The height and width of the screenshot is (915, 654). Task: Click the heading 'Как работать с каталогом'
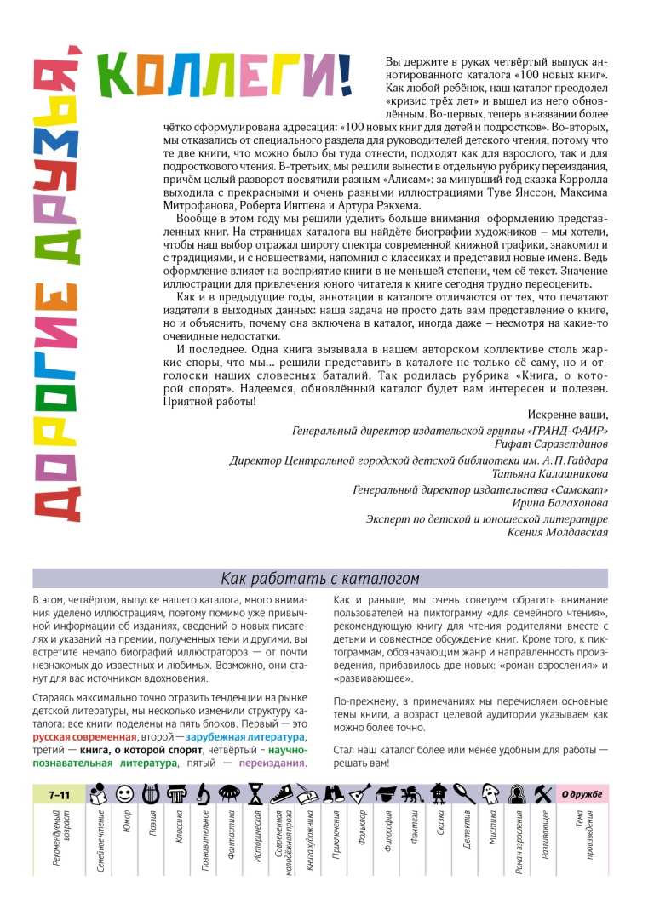coord(320,579)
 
